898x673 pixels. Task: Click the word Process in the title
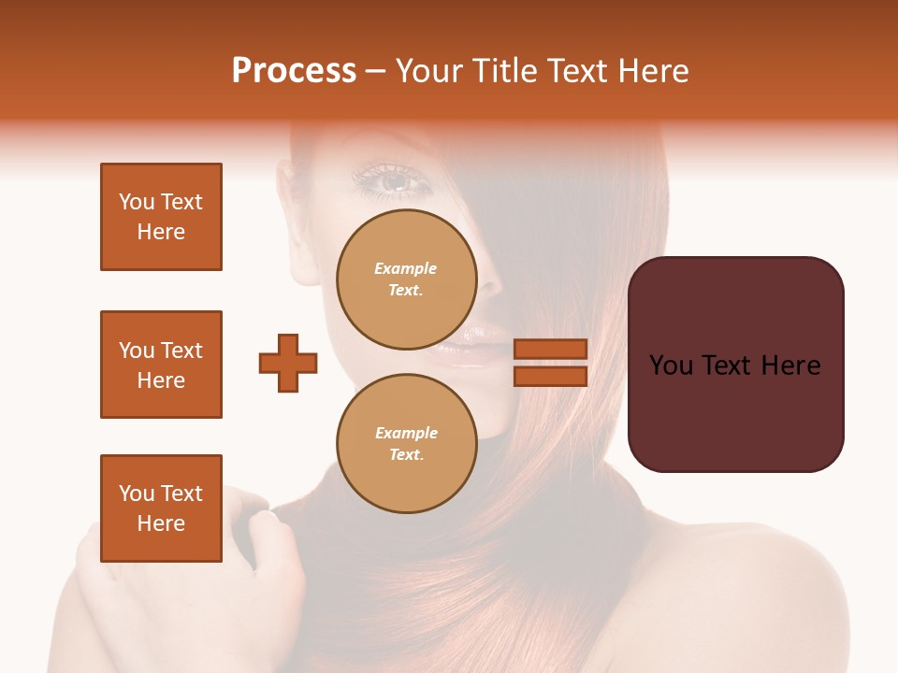point(294,71)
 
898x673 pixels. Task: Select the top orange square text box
point(161,217)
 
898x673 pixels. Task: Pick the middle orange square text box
point(161,365)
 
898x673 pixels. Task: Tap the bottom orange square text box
point(161,508)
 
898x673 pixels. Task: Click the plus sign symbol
point(288,363)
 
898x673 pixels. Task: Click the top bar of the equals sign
point(551,349)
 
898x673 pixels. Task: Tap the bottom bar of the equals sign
point(551,376)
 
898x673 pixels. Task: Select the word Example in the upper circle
point(406,268)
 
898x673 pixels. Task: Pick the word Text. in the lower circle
point(406,455)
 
